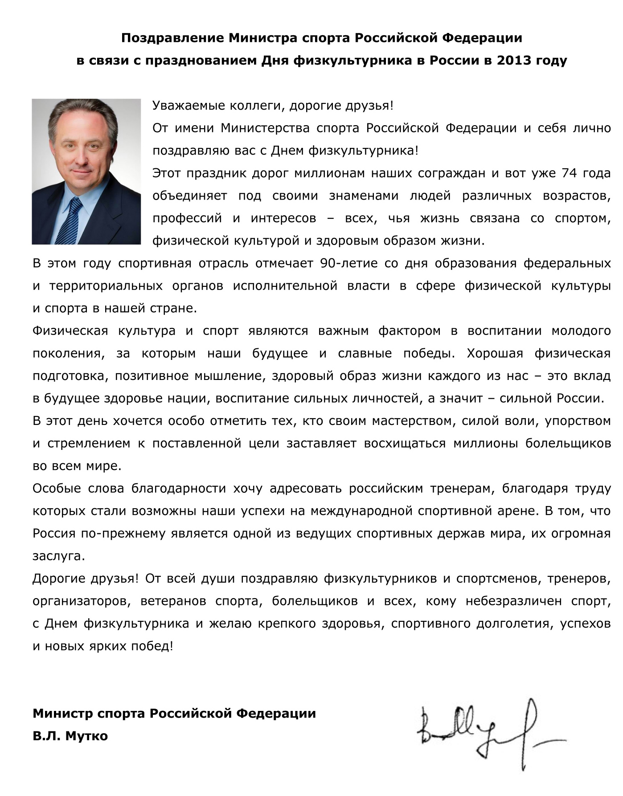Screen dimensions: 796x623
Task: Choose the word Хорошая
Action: (495, 353)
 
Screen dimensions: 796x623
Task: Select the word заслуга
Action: (58, 556)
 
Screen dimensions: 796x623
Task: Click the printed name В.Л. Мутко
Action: (70, 736)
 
